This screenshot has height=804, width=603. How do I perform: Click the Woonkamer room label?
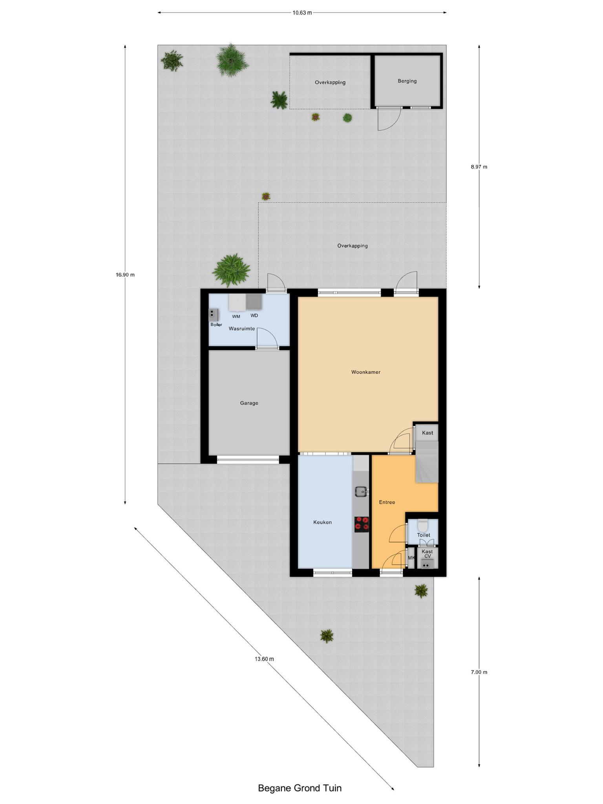pos(365,372)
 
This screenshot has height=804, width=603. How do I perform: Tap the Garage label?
pos(249,403)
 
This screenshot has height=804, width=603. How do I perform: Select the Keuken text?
pos(322,523)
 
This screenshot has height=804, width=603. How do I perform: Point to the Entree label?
pos(387,502)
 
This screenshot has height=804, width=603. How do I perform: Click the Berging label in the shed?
pos(407,81)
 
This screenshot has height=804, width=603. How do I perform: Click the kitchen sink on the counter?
pos(361,492)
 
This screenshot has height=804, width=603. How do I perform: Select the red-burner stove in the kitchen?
pos(362,524)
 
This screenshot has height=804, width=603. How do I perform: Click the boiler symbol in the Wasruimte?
pos(214,315)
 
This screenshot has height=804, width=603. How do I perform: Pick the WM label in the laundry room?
pos(236,316)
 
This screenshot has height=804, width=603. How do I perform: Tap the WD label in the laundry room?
pos(254,316)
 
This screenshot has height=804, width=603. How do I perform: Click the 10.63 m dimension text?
pos(302,13)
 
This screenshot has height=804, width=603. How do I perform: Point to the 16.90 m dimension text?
pos(125,275)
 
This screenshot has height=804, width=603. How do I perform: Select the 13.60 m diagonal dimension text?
pos(264,659)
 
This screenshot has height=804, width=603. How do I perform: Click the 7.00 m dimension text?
pos(479,672)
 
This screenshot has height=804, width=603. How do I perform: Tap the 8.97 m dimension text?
pos(479,167)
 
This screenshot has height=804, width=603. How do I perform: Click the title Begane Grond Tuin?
pos(300,788)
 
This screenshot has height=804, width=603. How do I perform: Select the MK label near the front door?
pos(411,558)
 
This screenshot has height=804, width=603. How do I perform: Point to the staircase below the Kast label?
pos(427,462)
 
